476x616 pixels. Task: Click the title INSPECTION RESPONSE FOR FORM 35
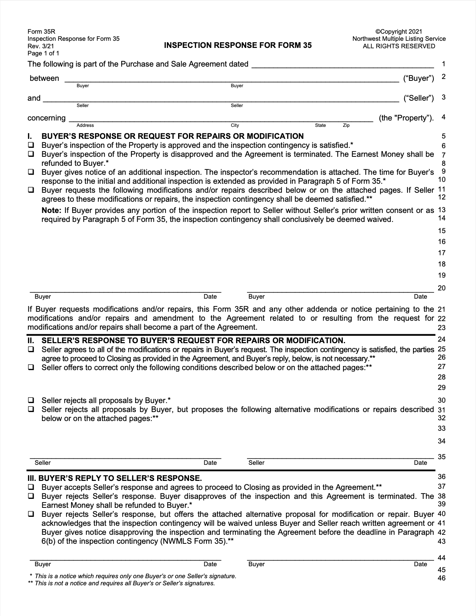(x=238, y=45)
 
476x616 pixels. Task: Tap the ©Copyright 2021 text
(x=399, y=31)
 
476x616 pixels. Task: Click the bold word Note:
(x=51, y=210)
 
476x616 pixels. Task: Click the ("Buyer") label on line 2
(x=418, y=78)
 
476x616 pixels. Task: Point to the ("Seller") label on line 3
(x=418, y=98)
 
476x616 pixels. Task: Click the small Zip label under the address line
(x=346, y=125)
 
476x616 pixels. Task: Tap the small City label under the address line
(x=235, y=125)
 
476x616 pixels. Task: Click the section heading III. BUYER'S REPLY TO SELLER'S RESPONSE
(x=115, y=478)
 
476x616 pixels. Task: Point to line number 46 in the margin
(x=442, y=578)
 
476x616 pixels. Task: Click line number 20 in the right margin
(x=442, y=288)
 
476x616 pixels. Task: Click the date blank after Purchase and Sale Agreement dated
(x=342, y=64)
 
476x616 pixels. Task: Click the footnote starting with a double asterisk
(x=121, y=583)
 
